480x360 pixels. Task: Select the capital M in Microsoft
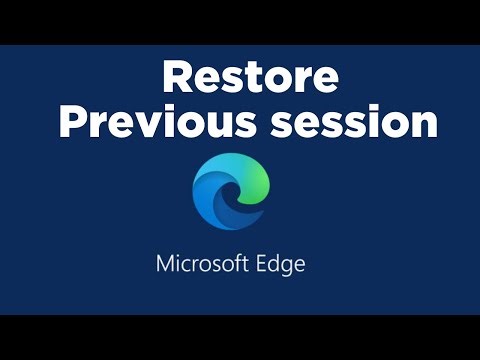coord(166,265)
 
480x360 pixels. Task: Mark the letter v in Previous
coord(133,124)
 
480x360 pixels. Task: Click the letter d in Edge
coord(276,265)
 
